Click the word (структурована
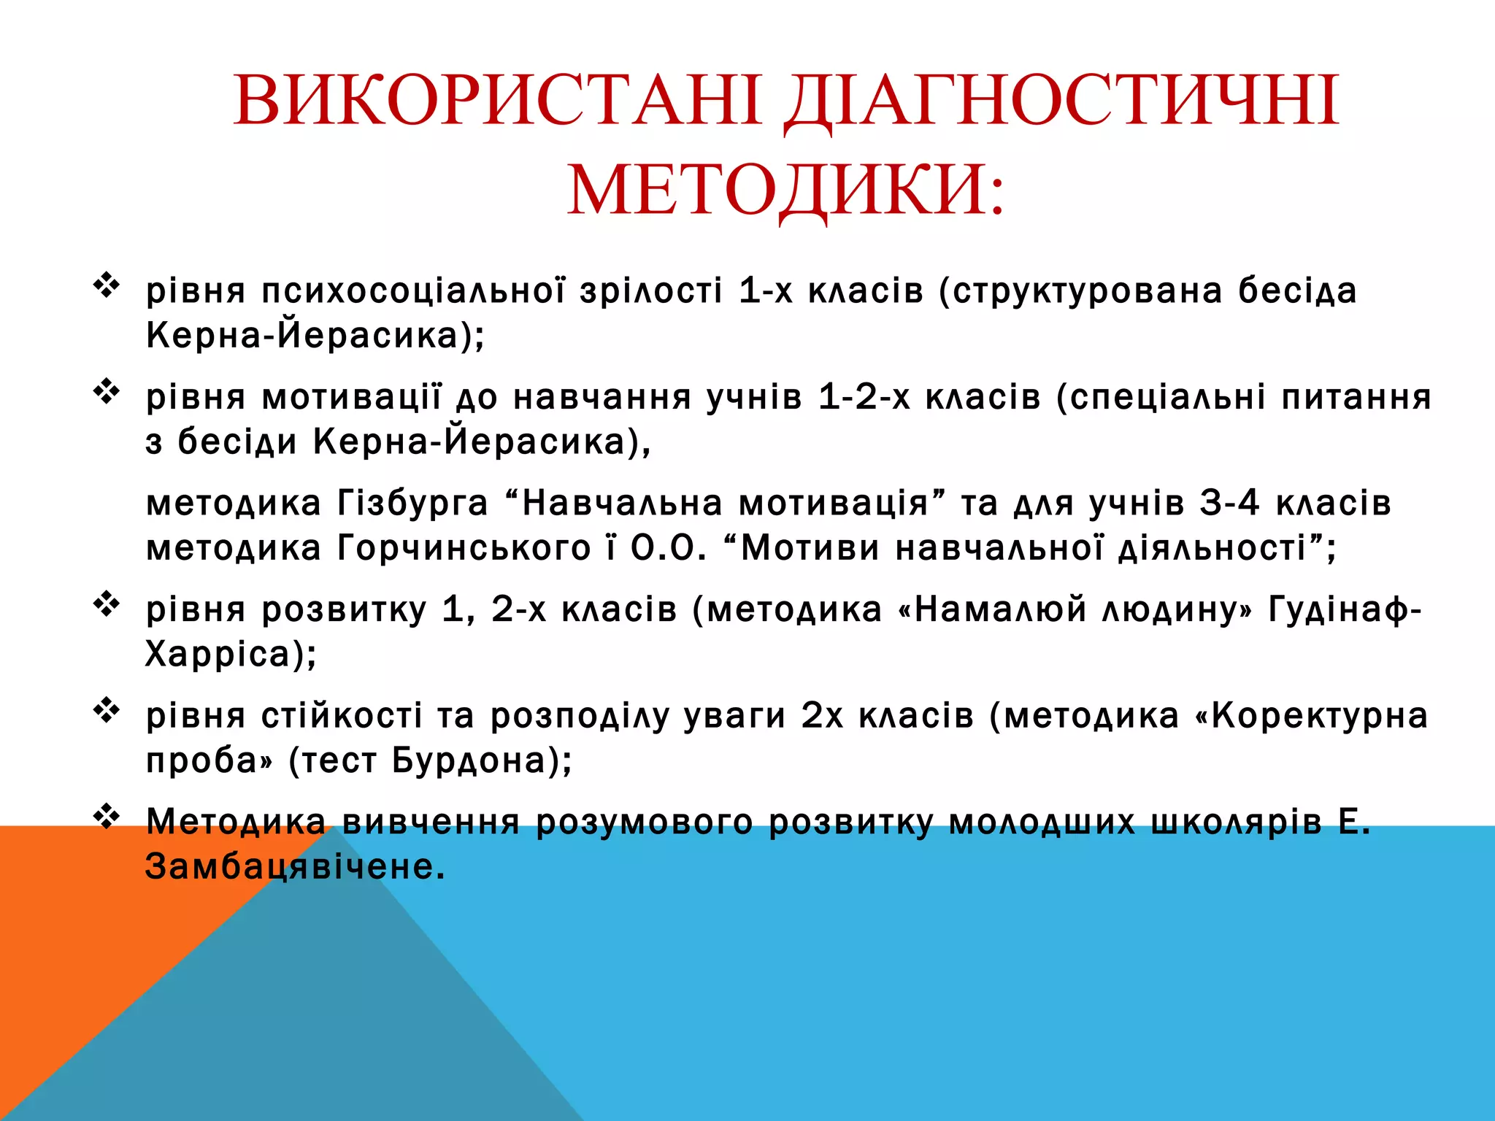(x=1080, y=291)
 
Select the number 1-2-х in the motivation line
(x=864, y=398)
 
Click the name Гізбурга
(x=412, y=504)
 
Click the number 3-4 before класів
(x=1229, y=504)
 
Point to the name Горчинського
(x=464, y=549)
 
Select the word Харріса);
(x=231, y=655)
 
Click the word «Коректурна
(x=1311, y=716)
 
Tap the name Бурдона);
(x=482, y=761)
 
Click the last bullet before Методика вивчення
(x=107, y=816)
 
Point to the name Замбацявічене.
(x=294, y=868)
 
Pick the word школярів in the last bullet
(x=1236, y=823)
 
